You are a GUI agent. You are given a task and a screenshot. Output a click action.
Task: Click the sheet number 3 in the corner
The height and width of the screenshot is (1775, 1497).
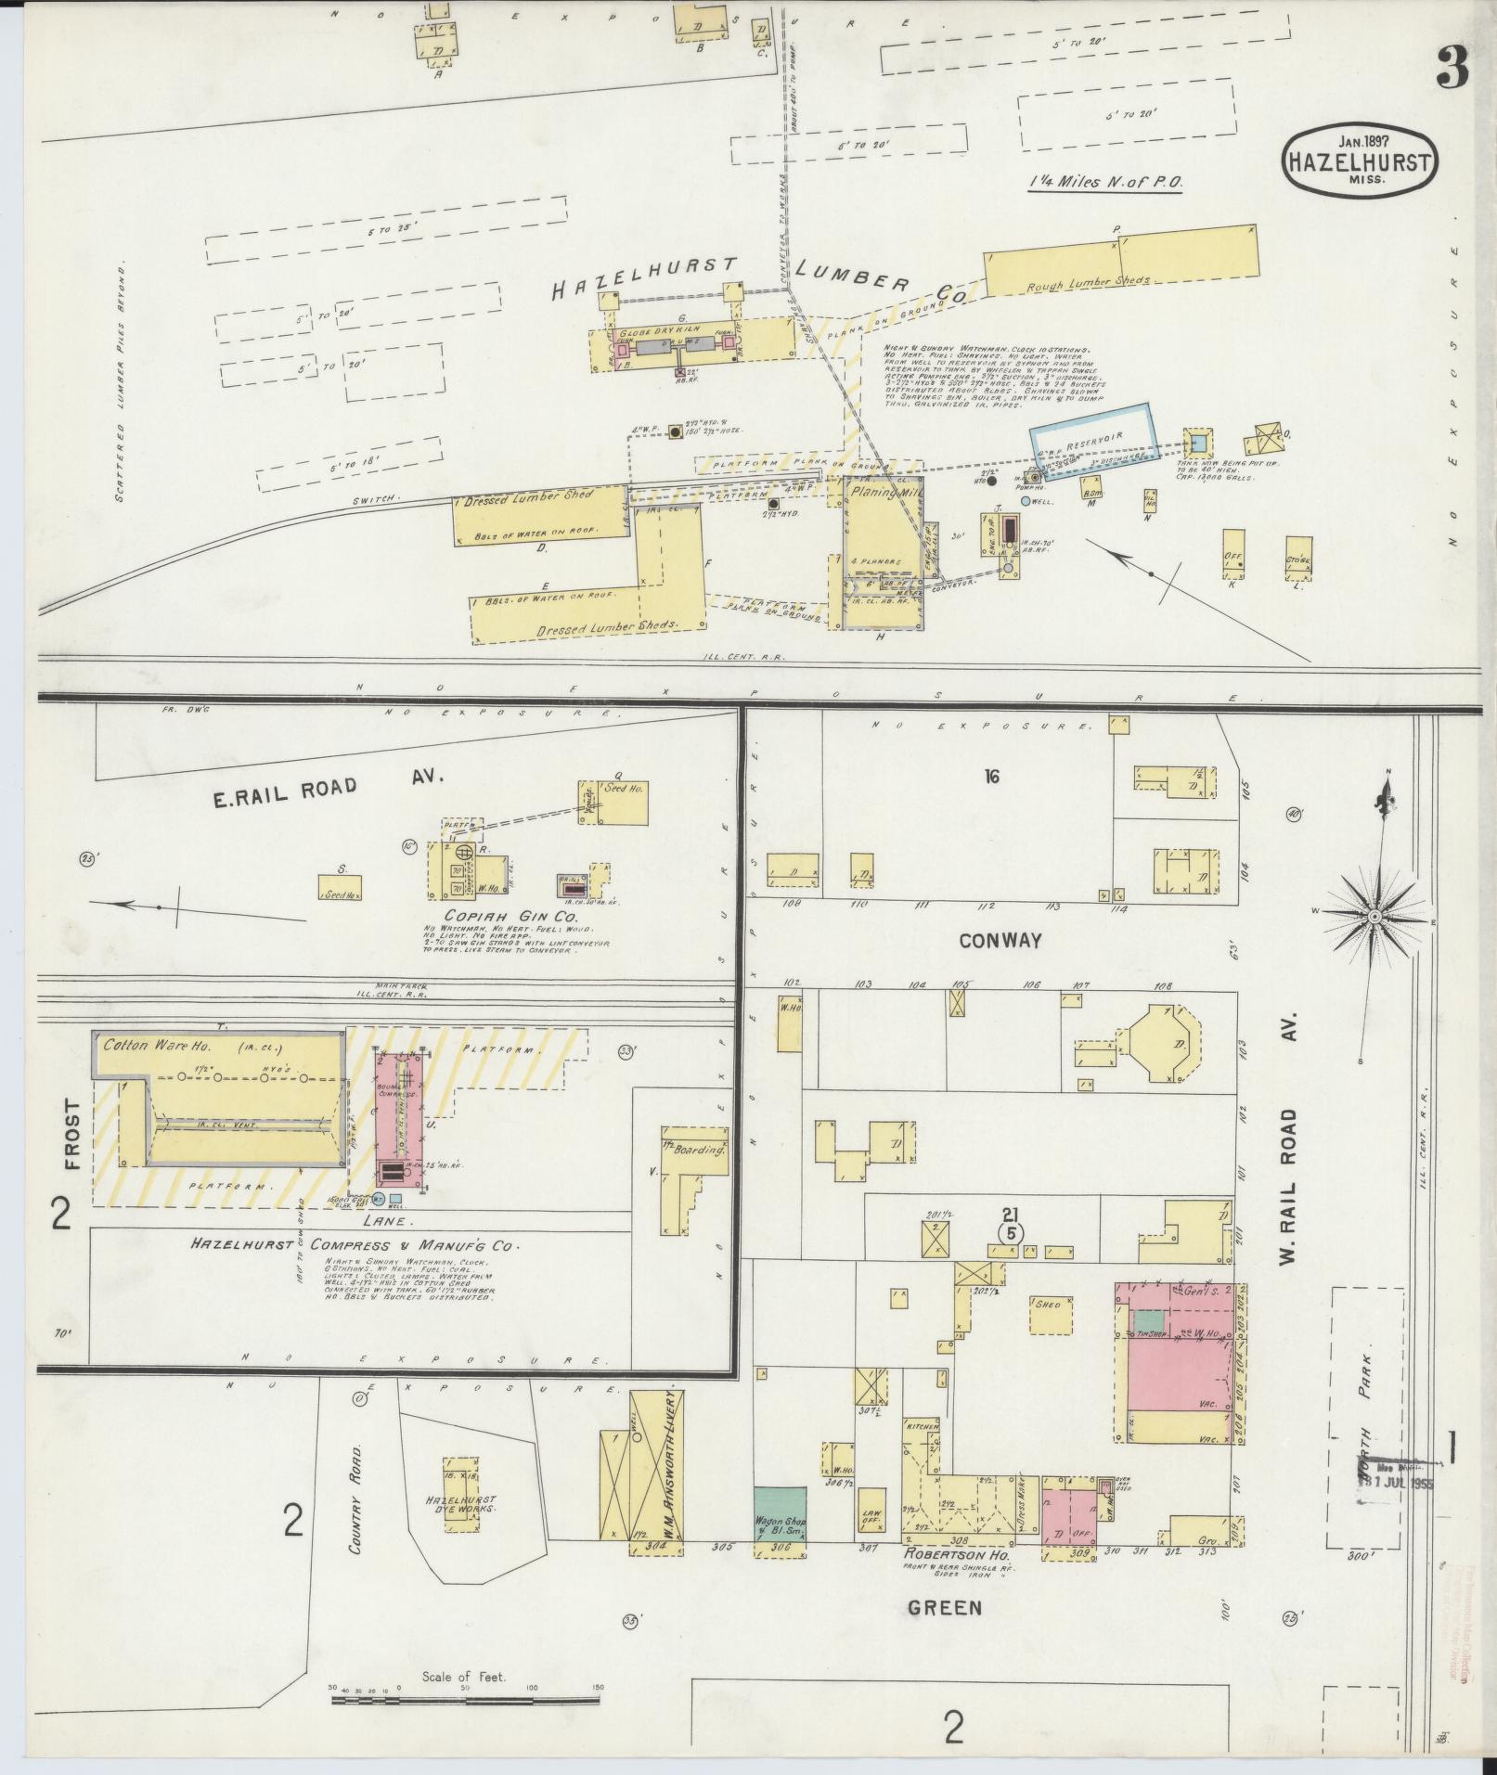click(1452, 67)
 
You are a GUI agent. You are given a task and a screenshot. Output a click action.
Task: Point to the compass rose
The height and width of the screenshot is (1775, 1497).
click(1374, 916)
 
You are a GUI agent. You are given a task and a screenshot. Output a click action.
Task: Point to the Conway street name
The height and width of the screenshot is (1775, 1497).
click(1000, 941)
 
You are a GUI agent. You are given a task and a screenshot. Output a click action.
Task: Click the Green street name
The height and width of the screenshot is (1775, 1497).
click(946, 1607)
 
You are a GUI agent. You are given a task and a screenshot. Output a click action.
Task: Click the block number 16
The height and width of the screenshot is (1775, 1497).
click(991, 777)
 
